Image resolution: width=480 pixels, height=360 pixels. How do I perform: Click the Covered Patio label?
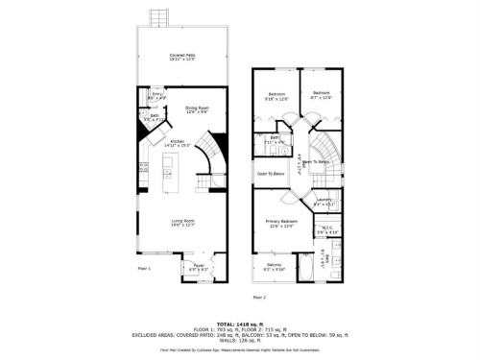[182, 58]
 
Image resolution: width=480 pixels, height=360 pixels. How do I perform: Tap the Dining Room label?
[197, 110]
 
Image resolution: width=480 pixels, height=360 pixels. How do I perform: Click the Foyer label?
[198, 267]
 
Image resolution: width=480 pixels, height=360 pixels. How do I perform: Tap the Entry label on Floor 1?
[156, 96]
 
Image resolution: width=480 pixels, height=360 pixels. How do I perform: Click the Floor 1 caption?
[145, 268]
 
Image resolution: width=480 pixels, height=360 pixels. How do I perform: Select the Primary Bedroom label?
[280, 224]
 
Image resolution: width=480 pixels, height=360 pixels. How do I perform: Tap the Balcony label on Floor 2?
[274, 266]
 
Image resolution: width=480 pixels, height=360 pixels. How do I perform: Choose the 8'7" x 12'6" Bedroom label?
[322, 95]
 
